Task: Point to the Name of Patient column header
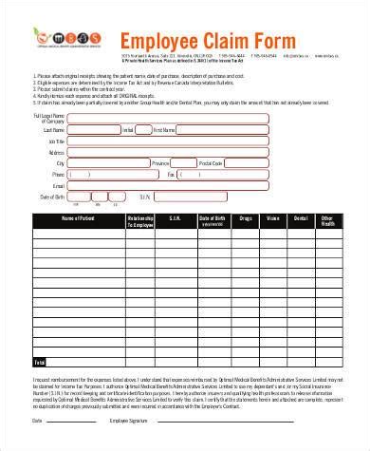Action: coord(80,218)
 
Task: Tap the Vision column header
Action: coord(273,218)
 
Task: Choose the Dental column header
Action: coord(301,218)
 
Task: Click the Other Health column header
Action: coord(327,221)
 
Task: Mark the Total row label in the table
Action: coord(40,362)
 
